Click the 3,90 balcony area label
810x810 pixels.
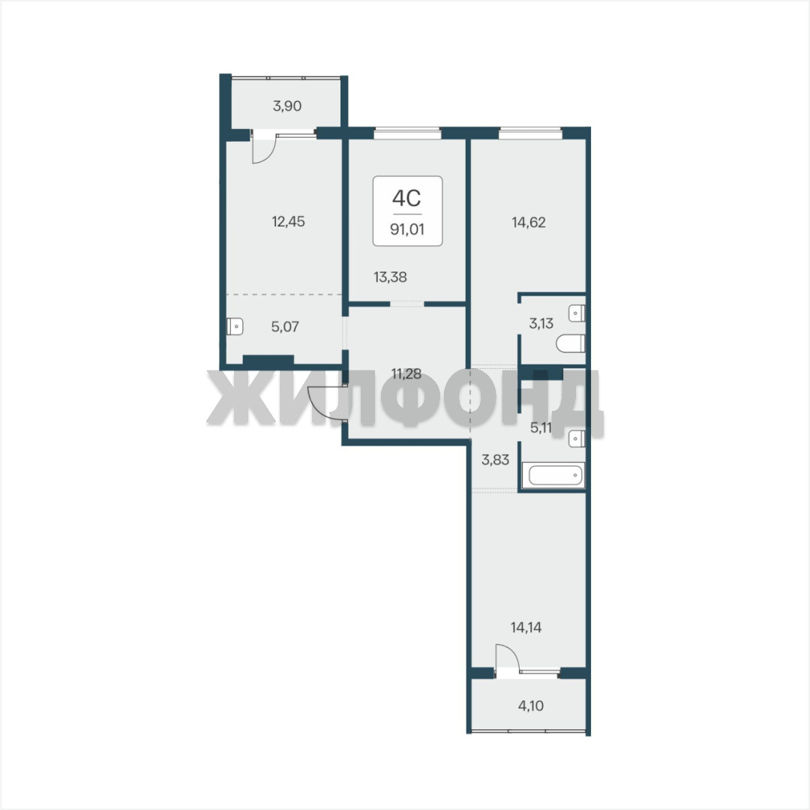[287, 106]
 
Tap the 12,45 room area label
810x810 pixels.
[288, 221]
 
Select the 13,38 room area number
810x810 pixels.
[390, 277]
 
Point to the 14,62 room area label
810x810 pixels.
[529, 222]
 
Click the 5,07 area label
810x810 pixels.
[285, 326]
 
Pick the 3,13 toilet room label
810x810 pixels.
[541, 323]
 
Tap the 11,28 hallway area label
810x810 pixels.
[406, 373]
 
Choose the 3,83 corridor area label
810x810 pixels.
[496, 459]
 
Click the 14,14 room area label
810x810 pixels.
[526, 627]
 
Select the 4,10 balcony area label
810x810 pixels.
[530, 705]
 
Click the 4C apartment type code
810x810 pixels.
[406, 198]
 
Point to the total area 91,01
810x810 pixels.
[407, 229]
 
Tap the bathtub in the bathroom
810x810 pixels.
[553, 475]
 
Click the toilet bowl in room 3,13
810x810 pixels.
[571, 343]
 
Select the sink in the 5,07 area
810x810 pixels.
[235, 326]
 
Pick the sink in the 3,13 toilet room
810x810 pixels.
[577, 313]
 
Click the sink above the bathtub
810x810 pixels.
[577, 439]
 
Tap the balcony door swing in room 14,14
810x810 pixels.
[507, 656]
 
